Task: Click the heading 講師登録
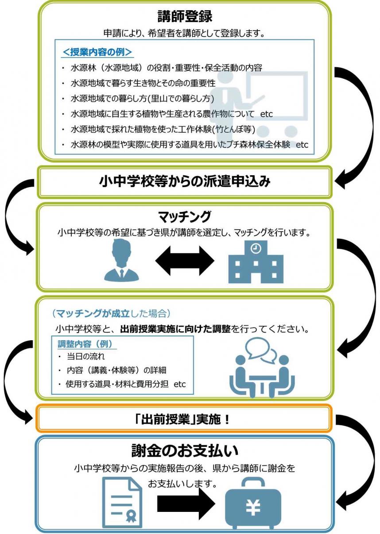(x=185, y=16)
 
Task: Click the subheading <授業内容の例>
(x=97, y=52)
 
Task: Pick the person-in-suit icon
(x=121, y=261)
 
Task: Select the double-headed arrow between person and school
(x=184, y=261)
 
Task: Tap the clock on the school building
(x=256, y=249)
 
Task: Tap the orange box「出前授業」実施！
(x=183, y=419)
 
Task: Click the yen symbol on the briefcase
(x=253, y=507)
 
